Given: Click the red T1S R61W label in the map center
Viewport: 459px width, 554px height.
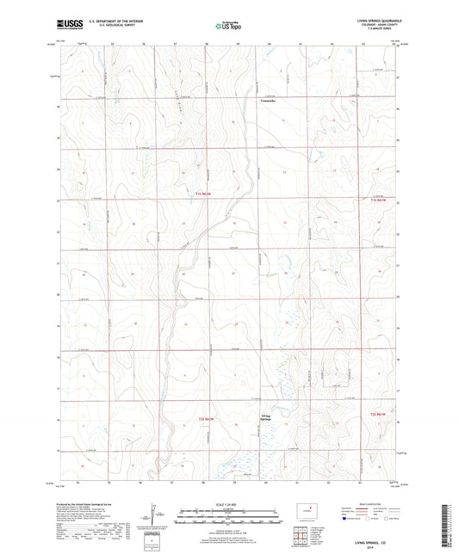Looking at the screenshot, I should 197,199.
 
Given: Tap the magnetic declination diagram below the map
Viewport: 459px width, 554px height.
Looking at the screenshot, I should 158,518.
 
